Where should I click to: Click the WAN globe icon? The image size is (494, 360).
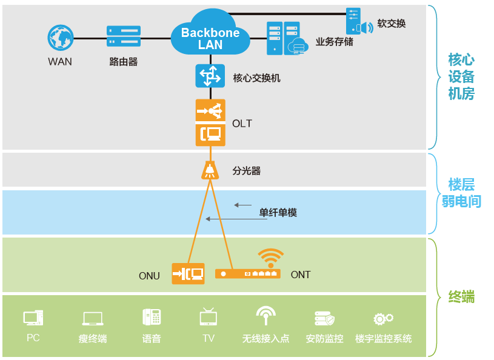(x=61, y=38)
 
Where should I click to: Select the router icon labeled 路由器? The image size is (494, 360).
(x=124, y=36)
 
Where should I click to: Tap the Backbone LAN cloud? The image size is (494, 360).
(x=210, y=36)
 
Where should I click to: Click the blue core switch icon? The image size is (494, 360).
(x=210, y=76)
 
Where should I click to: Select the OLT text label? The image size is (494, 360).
(x=242, y=124)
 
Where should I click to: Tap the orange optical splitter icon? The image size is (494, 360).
(x=210, y=170)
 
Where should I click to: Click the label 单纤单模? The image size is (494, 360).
(x=278, y=213)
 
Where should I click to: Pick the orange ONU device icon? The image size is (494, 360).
(x=188, y=274)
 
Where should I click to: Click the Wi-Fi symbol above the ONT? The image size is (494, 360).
(x=270, y=257)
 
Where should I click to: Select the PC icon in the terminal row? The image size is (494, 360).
(x=33, y=318)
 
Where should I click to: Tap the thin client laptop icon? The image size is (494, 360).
(x=93, y=319)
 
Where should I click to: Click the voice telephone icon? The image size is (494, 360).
(x=152, y=317)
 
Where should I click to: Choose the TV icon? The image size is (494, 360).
(x=208, y=316)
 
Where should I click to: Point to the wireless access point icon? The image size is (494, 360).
(x=265, y=316)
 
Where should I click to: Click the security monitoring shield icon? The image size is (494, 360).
(x=324, y=318)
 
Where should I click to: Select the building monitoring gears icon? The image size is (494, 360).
(x=383, y=318)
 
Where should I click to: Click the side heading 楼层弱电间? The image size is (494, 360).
(x=461, y=193)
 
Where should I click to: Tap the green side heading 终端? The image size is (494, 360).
(x=461, y=297)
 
